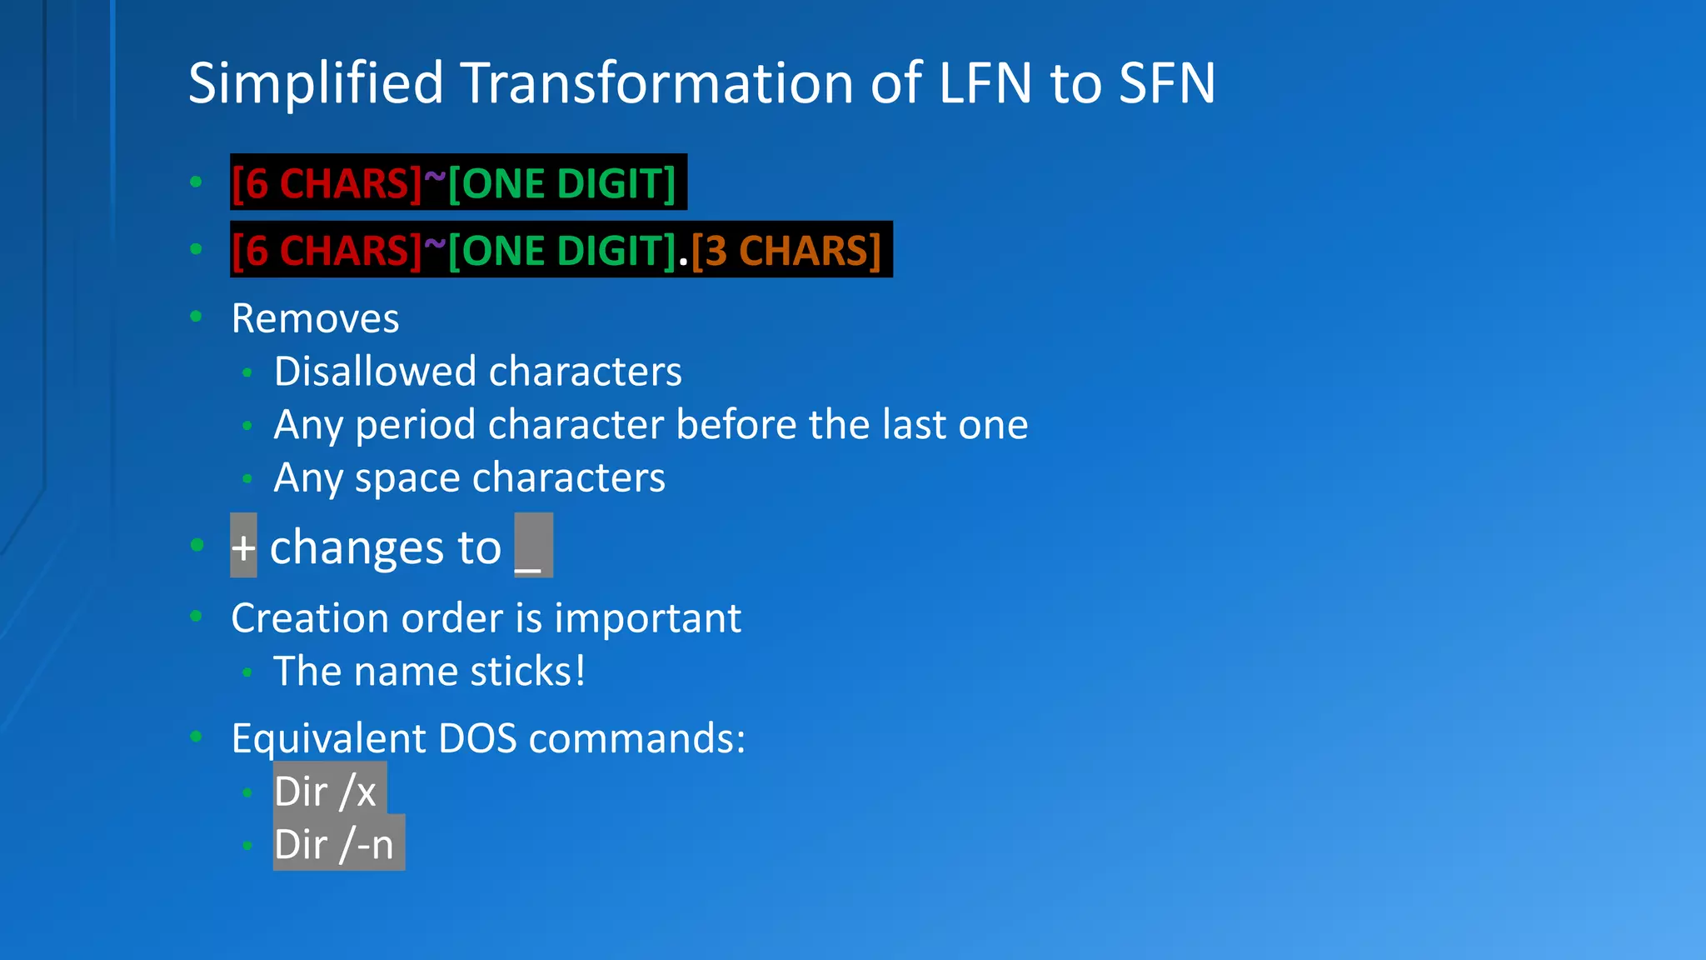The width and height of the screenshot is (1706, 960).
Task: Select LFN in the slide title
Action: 985,83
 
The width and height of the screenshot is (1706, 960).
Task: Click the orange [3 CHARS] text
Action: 786,251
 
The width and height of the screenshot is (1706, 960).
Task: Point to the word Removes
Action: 315,318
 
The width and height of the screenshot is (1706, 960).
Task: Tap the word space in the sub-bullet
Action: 407,478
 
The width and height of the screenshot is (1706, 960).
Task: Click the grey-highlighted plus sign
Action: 243,547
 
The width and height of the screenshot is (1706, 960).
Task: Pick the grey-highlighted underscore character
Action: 533,547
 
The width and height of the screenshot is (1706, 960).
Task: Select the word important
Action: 647,618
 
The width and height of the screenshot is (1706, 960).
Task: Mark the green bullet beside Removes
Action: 197,316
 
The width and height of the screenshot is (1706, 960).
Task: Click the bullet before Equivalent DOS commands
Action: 197,736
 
